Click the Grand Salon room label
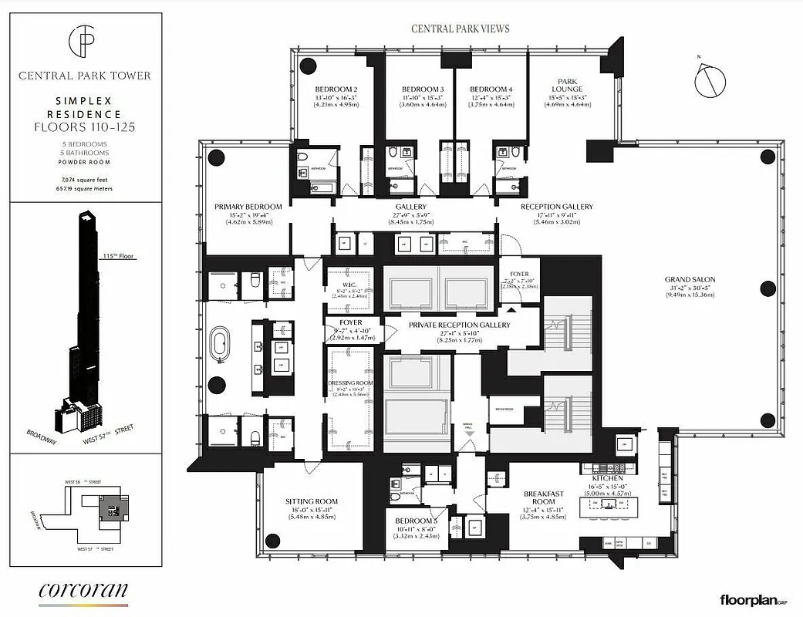point(693,279)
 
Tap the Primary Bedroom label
point(248,207)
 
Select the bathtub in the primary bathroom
point(221,344)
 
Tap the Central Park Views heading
point(460,29)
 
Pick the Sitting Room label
point(312,502)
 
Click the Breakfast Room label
point(544,497)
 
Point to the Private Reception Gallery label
point(460,325)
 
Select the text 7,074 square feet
point(85,178)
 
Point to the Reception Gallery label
point(556,207)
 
